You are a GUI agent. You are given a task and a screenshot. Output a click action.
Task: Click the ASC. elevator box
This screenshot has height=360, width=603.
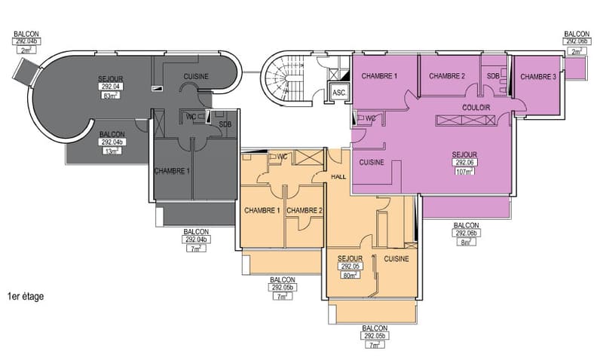(x=338, y=93)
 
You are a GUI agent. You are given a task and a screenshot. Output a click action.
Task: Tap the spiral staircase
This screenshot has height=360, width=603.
(x=283, y=78)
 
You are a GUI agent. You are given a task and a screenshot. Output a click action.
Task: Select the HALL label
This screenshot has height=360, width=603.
(x=338, y=177)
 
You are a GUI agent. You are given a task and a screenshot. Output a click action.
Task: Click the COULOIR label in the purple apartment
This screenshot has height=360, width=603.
(x=476, y=108)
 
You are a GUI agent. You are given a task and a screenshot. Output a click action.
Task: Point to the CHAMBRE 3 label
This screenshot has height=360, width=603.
(x=538, y=77)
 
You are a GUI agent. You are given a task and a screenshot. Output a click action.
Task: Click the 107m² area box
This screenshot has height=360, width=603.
(x=464, y=172)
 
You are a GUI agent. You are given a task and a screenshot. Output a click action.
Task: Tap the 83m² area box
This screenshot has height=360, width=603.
(x=110, y=96)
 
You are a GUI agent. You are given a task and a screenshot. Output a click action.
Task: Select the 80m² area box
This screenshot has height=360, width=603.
(x=350, y=275)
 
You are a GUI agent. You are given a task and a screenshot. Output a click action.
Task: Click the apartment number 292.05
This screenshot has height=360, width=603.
(x=350, y=267)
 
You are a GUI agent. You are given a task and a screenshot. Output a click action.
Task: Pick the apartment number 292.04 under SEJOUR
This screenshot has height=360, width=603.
(x=110, y=87)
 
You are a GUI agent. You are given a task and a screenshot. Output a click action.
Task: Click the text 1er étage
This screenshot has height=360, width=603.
(x=26, y=296)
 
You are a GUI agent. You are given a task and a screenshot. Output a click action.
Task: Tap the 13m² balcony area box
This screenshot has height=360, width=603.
(x=112, y=151)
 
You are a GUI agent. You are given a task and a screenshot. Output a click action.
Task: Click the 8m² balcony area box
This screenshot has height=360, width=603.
(x=466, y=242)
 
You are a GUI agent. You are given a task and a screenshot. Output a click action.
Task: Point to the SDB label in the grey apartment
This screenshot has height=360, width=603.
(x=225, y=124)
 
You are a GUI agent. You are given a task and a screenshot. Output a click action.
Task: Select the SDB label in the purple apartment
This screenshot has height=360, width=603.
(x=493, y=76)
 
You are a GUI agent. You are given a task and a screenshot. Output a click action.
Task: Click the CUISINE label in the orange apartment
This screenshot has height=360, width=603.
(x=396, y=258)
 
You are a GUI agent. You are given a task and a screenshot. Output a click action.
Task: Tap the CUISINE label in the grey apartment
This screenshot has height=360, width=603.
(x=196, y=77)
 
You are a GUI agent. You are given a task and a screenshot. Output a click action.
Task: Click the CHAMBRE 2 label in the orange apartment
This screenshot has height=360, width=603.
(x=305, y=211)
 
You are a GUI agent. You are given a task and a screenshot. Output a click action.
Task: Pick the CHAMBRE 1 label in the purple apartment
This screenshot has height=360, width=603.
(x=379, y=76)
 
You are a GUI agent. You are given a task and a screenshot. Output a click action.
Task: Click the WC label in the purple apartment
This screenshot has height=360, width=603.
(x=370, y=118)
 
